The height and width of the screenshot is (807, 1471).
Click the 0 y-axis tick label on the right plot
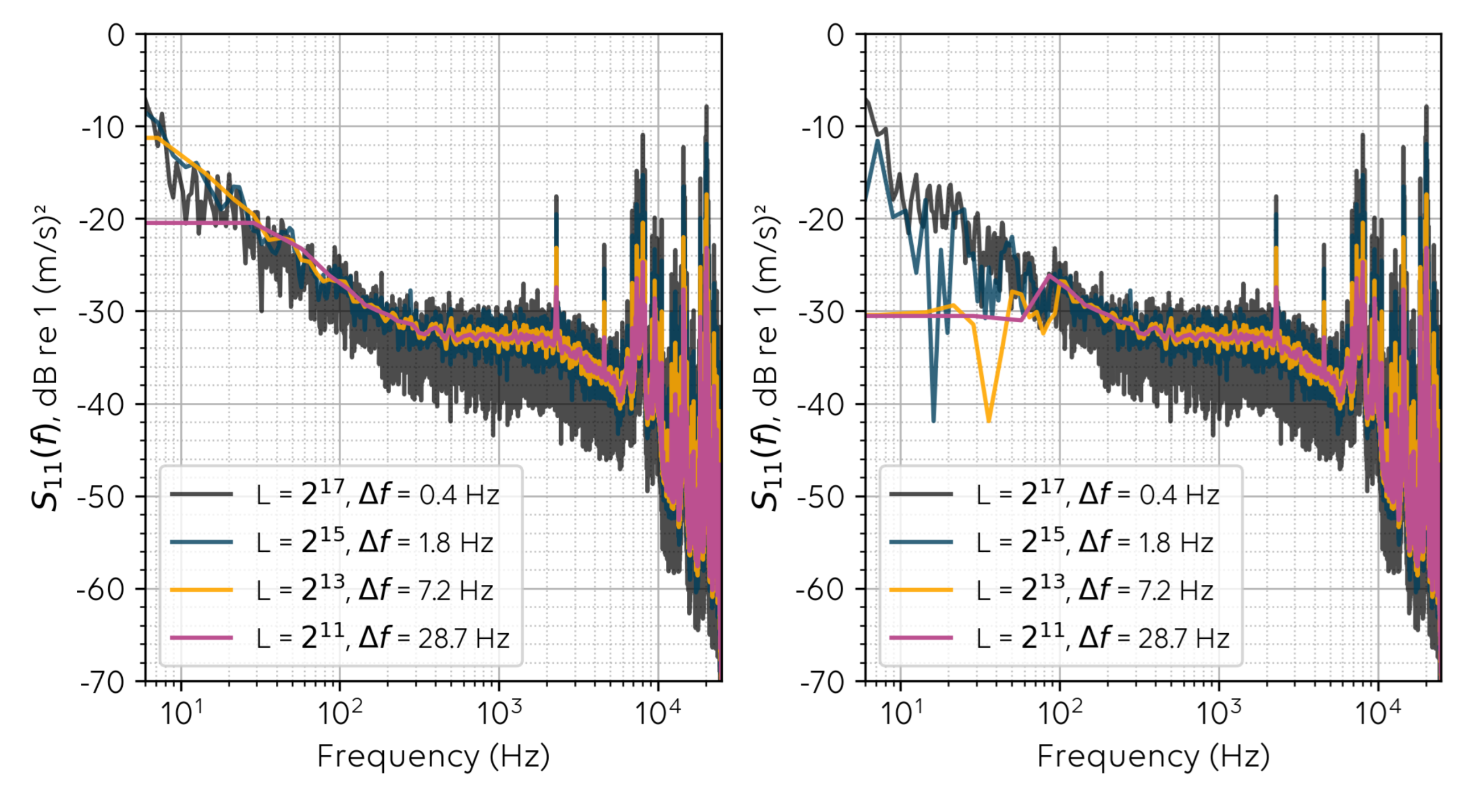pos(835,35)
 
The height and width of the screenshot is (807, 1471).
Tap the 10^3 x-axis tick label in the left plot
pos(499,712)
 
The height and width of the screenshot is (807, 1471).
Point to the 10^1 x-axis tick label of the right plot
pos(901,712)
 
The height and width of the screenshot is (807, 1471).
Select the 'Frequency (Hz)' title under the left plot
pos(433,757)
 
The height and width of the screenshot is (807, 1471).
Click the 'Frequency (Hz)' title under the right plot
pos(1153,757)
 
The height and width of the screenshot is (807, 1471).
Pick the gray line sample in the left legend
pos(201,494)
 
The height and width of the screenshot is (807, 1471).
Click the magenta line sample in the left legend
pos(201,638)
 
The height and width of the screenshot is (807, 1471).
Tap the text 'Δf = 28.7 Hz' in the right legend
pos(1154,638)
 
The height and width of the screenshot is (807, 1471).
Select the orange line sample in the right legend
pos(921,589)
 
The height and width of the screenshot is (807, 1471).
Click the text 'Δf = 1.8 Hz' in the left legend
pos(425,542)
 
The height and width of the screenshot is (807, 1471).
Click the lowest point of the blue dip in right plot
pos(934,421)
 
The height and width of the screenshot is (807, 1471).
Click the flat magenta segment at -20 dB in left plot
pos(194,223)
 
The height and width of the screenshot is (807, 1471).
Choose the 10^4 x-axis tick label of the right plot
pos(1378,712)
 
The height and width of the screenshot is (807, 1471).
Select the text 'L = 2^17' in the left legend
pos(300,494)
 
